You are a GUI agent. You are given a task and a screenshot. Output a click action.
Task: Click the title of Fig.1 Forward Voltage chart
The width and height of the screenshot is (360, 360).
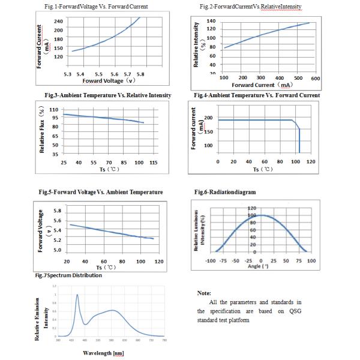pos(101,7)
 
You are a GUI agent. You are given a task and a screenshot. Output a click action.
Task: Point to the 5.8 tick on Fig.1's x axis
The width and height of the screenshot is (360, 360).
pos(140,74)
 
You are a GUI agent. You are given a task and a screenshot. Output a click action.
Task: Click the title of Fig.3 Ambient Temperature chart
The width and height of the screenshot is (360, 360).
pos(108,95)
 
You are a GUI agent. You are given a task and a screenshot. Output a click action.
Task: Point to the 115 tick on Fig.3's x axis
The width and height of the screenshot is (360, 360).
pos(153,163)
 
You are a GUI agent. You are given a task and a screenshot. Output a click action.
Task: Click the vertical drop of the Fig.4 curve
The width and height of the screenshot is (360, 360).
pos(299,137)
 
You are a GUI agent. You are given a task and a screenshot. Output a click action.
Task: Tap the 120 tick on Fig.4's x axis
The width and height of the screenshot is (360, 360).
pos(311,162)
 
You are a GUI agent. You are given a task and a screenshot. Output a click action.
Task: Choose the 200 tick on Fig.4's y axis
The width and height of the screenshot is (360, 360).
pos(208,118)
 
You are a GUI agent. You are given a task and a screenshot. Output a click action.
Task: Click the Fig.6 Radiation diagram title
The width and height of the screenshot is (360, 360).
pos(225,192)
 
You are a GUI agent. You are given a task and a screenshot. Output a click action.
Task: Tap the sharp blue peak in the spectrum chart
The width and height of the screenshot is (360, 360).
pos(77,295)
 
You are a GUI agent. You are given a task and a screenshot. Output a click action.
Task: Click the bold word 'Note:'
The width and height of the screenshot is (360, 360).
pos(205,293)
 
